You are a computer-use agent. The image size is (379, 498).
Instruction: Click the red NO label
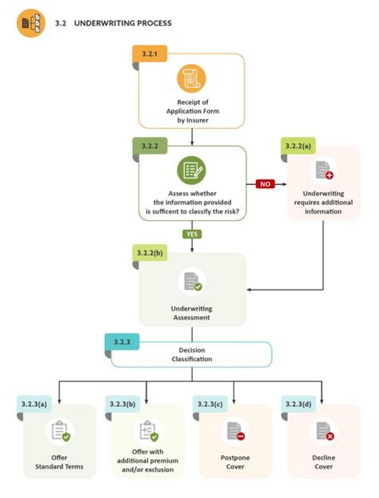(x=265, y=184)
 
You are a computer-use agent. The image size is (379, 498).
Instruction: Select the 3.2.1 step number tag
(x=150, y=54)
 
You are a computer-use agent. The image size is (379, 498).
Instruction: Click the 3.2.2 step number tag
(x=150, y=145)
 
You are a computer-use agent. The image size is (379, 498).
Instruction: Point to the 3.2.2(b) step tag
(x=150, y=253)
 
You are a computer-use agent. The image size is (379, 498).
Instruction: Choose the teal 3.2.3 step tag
(x=122, y=341)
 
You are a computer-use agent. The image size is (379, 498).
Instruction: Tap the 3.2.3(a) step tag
(x=35, y=404)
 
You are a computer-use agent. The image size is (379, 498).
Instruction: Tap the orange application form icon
(x=191, y=79)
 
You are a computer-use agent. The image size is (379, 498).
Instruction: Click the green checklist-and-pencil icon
(x=191, y=170)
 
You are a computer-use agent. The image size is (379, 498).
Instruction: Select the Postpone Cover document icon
(x=235, y=432)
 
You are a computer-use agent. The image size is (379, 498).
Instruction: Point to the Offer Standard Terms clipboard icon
(x=59, y=432)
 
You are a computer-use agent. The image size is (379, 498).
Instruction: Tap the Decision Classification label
(x=192, y=354)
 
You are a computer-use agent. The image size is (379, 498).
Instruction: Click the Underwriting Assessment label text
(x=191, y=313)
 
